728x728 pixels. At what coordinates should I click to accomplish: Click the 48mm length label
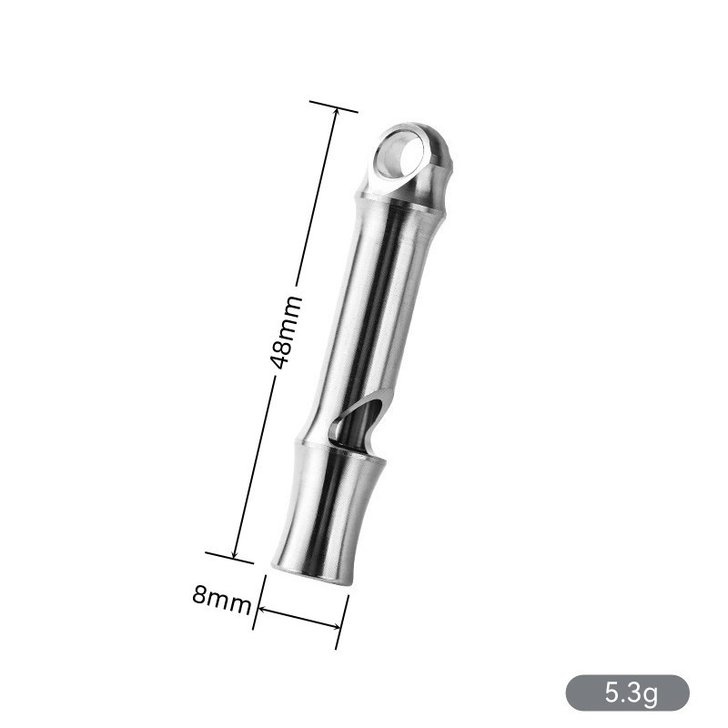pos(287,332)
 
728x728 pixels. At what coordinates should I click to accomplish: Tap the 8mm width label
pos(222,600)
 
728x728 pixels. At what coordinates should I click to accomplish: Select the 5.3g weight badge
pos(627,693)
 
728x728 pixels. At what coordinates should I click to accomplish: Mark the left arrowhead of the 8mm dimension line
pos(262,609)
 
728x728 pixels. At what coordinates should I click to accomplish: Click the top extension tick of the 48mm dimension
pos(333,106)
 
